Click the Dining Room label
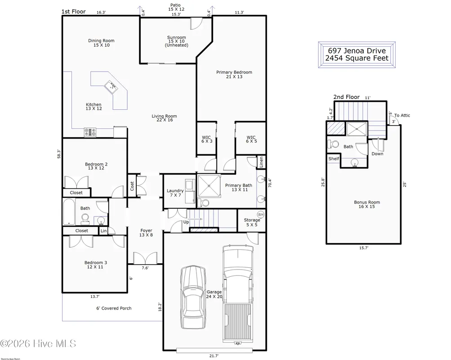(x=101, y=43)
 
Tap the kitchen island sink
(x=111, y=86)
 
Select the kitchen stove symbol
(x=90, y=132)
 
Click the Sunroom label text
(x=176, y=41)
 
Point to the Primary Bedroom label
(x=234, y=74)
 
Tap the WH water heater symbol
(x=260, y=214)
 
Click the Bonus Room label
(x=366, y=204)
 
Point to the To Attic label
(x=402, y=116)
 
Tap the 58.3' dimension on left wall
(x=58, y=154)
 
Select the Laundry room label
(x=174, y=193)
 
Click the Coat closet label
(x=132, y=186)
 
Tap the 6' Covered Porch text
(x=114, y=308)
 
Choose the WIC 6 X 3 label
(x=206, y=139)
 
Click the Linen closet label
(x=260, y=162)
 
